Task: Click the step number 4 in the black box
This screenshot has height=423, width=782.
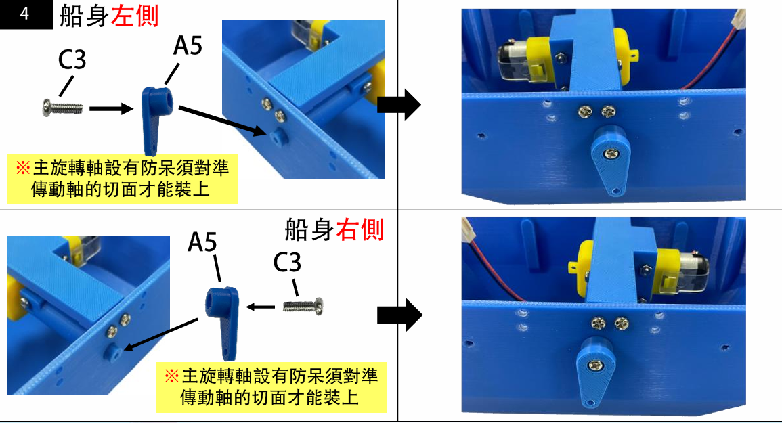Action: pyautogui.click(x=24, y=14)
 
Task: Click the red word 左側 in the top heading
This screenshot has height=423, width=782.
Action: pyautogui.click(x=135, y=16)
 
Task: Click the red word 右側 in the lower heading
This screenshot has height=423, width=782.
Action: pyautogui.click(x=360, y=230)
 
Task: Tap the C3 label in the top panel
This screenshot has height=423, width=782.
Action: pyautogui.click(x=72, y=60)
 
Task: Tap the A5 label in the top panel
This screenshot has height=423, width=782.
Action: pyautogui.click(x=188, y=45)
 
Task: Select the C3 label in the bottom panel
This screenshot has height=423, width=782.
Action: pyautogui.click(x=287, y=262)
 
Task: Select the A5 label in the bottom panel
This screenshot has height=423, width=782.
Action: pyautogui.click(x=202, y=242)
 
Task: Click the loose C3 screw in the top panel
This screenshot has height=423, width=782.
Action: pyautogui.click(x=62, y=107)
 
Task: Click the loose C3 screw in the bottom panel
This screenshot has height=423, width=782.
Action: pyautogui.click(x=303, y=306)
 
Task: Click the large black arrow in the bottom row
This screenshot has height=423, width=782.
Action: pyautogui.click(x=399, y=315)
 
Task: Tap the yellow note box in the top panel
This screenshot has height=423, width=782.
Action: pyautogui.click(x=122, y=179)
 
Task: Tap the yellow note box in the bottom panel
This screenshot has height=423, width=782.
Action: pyautogui.click(x=271, y=387)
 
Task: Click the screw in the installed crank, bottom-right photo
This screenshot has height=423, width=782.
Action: pyautogui.click(x=594, y=365)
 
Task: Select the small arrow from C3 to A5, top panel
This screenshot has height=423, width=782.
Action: pyautogui.click(x=112, y=108)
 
